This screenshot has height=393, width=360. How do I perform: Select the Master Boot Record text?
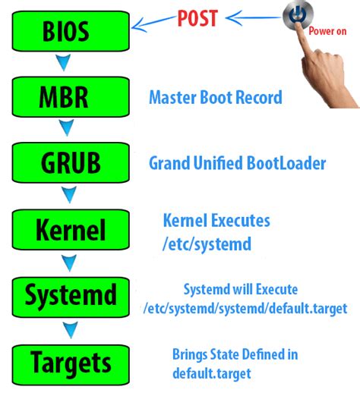[x=215, y=97]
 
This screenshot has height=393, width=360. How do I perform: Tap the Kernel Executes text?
[x=216, y=221]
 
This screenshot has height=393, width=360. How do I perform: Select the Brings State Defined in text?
[x=235, y=354]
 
